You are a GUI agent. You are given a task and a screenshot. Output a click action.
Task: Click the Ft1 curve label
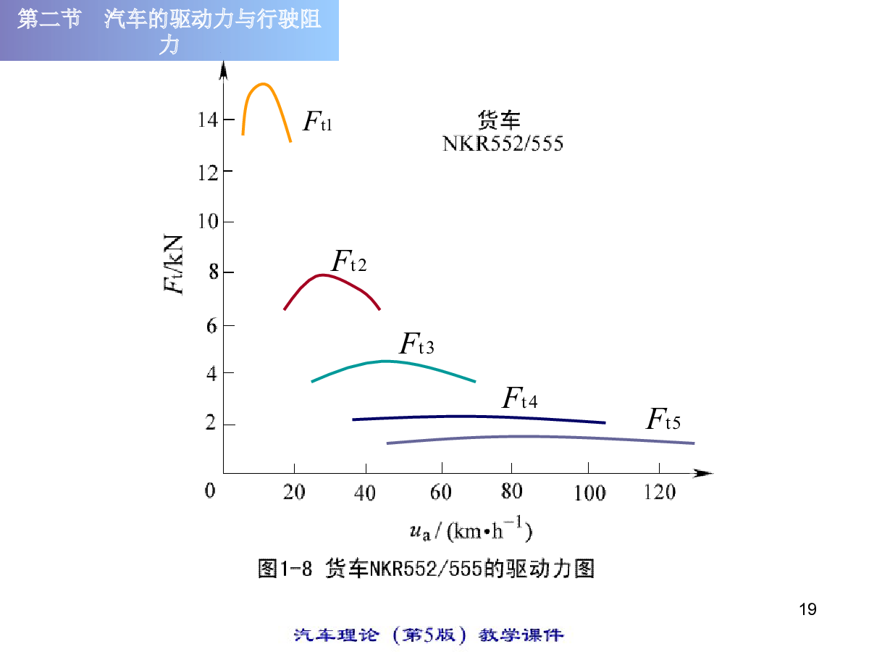point(317,122)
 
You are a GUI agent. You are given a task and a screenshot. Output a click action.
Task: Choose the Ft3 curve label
point(416,343)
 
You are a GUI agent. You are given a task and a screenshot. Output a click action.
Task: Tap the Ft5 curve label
point(663,419)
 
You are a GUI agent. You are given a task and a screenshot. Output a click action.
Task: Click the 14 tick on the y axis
point(207,120)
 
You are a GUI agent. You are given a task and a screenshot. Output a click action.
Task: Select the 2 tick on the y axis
point(211,424)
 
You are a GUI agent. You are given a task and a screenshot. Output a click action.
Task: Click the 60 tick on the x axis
point(440,493)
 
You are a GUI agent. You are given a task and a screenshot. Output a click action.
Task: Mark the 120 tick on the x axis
point(659,493)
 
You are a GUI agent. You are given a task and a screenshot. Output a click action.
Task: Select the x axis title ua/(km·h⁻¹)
point(471,532)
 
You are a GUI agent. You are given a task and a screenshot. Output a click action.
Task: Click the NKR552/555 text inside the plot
point(503,143)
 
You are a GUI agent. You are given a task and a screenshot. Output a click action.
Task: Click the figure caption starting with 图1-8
point(426,568)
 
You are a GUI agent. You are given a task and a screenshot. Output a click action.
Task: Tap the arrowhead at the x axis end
point(704,473)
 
